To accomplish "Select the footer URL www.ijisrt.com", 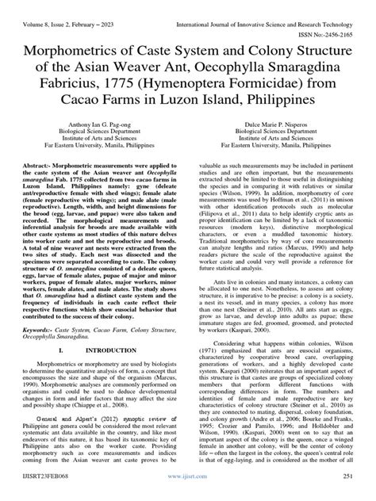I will (188, 492).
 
